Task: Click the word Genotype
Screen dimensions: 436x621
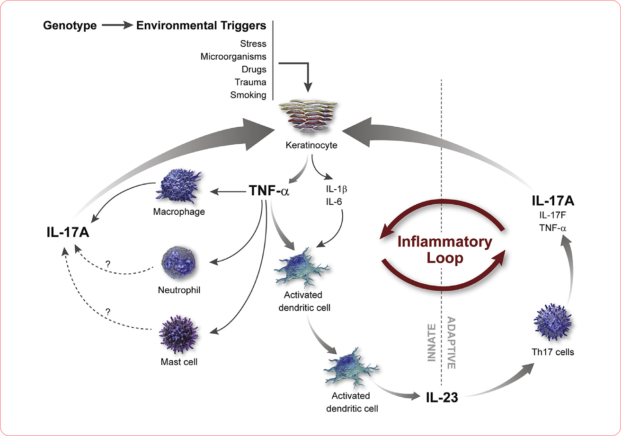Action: (x=70, y=26)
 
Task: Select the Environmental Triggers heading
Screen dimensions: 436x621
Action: (x=201, y=26)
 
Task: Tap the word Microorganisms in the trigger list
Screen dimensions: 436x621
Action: (x=233, y=57)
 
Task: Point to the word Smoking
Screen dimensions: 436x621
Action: (x=248, y=95)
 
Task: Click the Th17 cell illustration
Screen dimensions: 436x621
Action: (x=552, y=322)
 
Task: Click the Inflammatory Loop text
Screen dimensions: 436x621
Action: (x=444, y=250)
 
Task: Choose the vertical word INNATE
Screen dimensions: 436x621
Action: (x=431, y=341)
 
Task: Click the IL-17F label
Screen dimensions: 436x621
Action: (x=552, y=216)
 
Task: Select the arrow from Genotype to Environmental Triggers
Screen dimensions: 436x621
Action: (x=116, y=26)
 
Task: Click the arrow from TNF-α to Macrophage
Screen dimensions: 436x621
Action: (x=229, y=192)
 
